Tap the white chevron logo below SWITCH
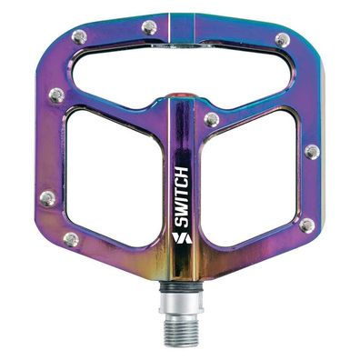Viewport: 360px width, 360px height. click(x=178, y=238)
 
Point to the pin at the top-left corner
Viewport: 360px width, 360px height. click(x=79, y=37)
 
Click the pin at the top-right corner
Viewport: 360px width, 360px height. click(x=283, y=40)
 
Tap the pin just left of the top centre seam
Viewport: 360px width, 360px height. click(x=149, y=28)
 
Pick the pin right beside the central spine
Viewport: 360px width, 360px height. click(x=212, y=119)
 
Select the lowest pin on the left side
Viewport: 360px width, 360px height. click(x=70, y=239)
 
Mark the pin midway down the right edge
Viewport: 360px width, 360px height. click(x=312, y=152)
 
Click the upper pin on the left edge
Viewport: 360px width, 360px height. click(x=56, y=95)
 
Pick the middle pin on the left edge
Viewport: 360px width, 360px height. click(x=47, y=197)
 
